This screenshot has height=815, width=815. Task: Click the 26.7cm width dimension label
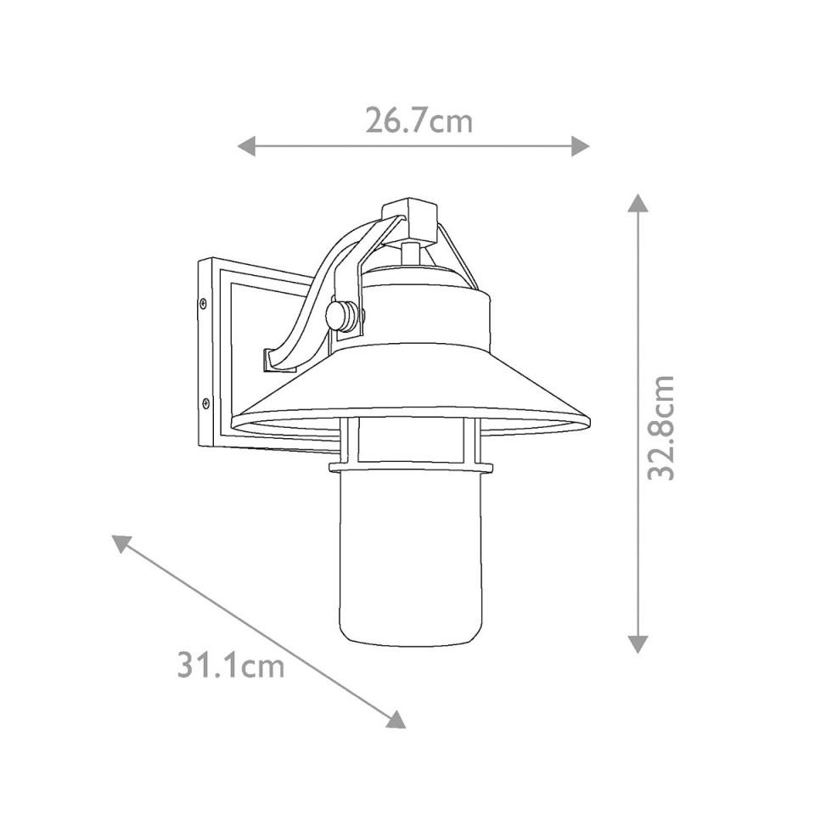(x=419, y=121)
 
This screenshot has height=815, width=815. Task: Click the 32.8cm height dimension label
(x=661, y=427)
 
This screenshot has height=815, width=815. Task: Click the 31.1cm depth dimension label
(x=230, y=665)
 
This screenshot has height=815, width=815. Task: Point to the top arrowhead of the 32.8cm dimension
(x=638, y=203)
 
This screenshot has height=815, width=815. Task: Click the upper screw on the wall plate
(x=203, y=302)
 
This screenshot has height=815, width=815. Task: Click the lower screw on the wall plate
(x=205, y=403)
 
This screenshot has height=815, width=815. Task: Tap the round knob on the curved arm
(x=341, y=317)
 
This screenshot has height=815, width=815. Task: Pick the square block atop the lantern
(x=410, y=218)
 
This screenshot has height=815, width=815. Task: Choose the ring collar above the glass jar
(x=410, y=466)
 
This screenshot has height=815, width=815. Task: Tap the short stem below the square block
(x=411, y=252)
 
